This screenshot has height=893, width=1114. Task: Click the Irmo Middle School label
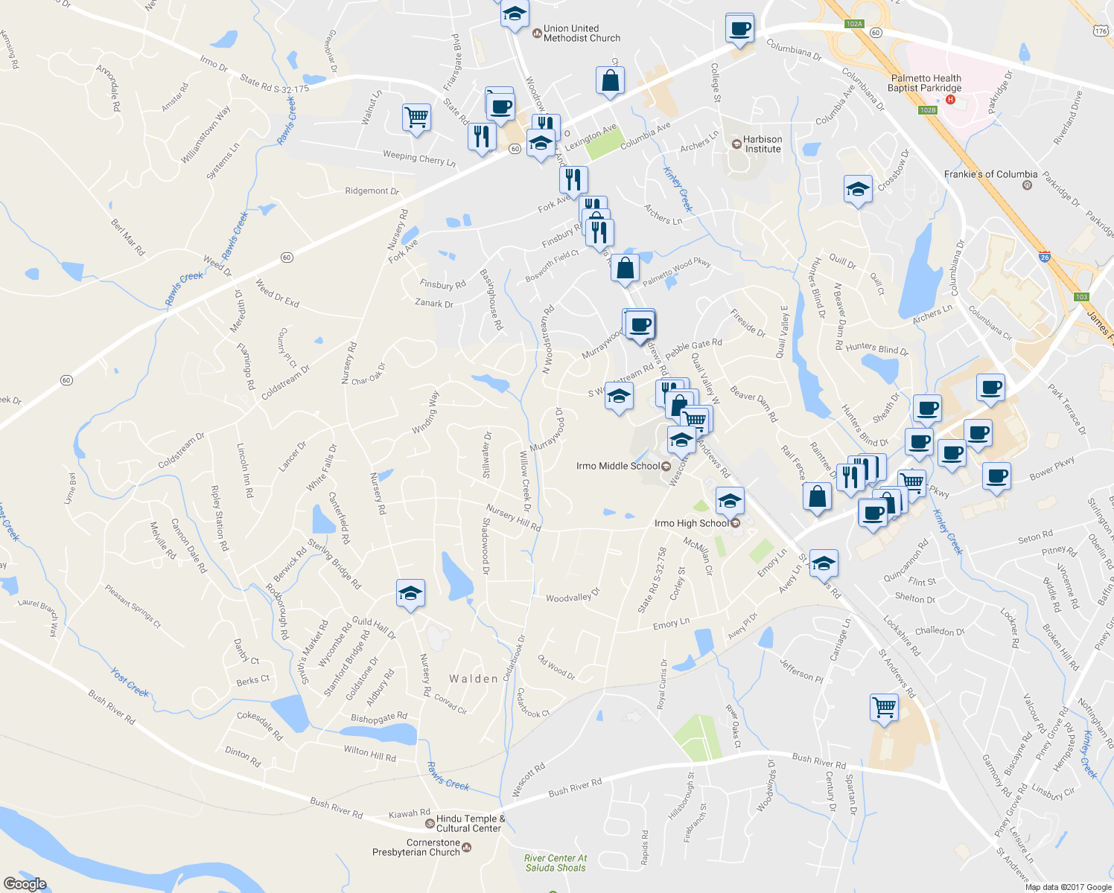(618, 466)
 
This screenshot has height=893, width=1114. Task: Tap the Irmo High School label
(692, 523)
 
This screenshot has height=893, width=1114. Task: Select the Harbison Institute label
(763, 144)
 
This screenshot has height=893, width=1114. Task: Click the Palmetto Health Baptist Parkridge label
(926, 83)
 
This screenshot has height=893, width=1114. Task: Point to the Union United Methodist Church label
(582, 33)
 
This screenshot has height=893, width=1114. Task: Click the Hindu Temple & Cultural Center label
(471, 823)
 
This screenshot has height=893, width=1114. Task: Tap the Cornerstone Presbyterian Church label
(416, 848)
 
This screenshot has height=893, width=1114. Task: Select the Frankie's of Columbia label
(990, 174)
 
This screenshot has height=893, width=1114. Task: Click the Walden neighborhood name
(474, 679)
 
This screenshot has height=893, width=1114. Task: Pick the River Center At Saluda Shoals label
(556, 862)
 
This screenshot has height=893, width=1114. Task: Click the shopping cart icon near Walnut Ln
(416, 117)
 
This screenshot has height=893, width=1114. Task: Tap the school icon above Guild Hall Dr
(410, 593)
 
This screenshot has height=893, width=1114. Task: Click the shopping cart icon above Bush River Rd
(884, 707)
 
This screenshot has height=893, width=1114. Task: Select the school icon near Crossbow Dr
(858, 189)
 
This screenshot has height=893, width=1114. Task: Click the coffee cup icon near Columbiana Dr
(739, 29)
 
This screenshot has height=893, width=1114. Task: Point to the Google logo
(25, 883)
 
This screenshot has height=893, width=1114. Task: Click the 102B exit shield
(927, 110)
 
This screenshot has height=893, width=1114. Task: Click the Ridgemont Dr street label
(372, 191)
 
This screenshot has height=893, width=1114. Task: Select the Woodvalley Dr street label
(573, 598)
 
